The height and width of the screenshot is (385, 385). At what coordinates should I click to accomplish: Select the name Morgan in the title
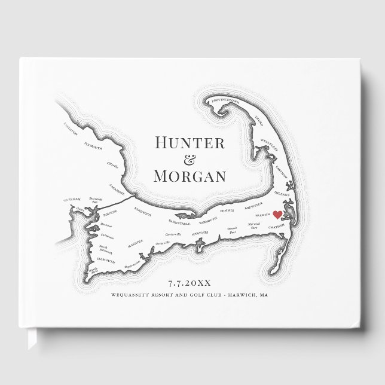[x=190, y=176]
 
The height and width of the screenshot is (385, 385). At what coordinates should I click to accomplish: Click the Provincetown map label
[x=226, y=102]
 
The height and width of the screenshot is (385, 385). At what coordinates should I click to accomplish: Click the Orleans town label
[x=282, y=194]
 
